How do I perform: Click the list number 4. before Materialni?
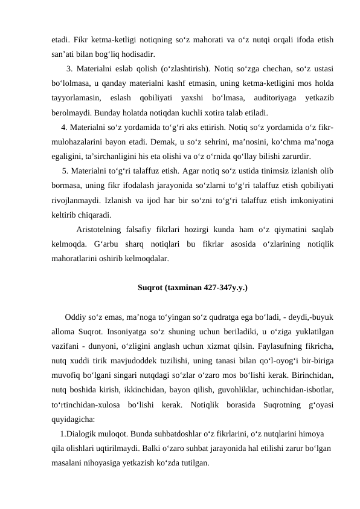pos(65,128)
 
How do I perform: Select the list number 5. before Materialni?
pos(66,171)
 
